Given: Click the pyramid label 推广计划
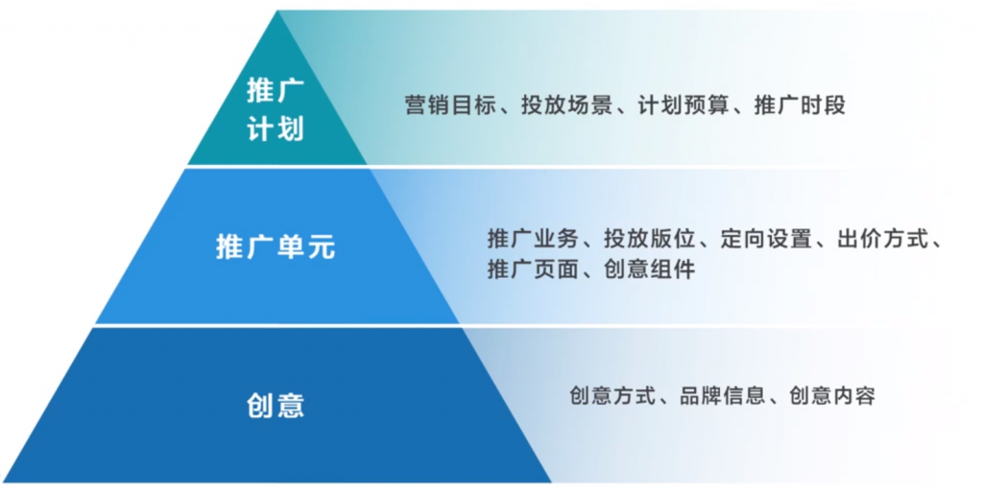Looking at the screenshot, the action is click(x=276, y=111).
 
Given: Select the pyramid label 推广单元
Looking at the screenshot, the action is click(x=276, y=247).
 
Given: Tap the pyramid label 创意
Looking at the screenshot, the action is click(x=276, y=405).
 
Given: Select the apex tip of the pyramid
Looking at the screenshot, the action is click(x=277, y=11).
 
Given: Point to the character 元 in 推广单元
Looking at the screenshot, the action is click(x=321, y=247).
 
